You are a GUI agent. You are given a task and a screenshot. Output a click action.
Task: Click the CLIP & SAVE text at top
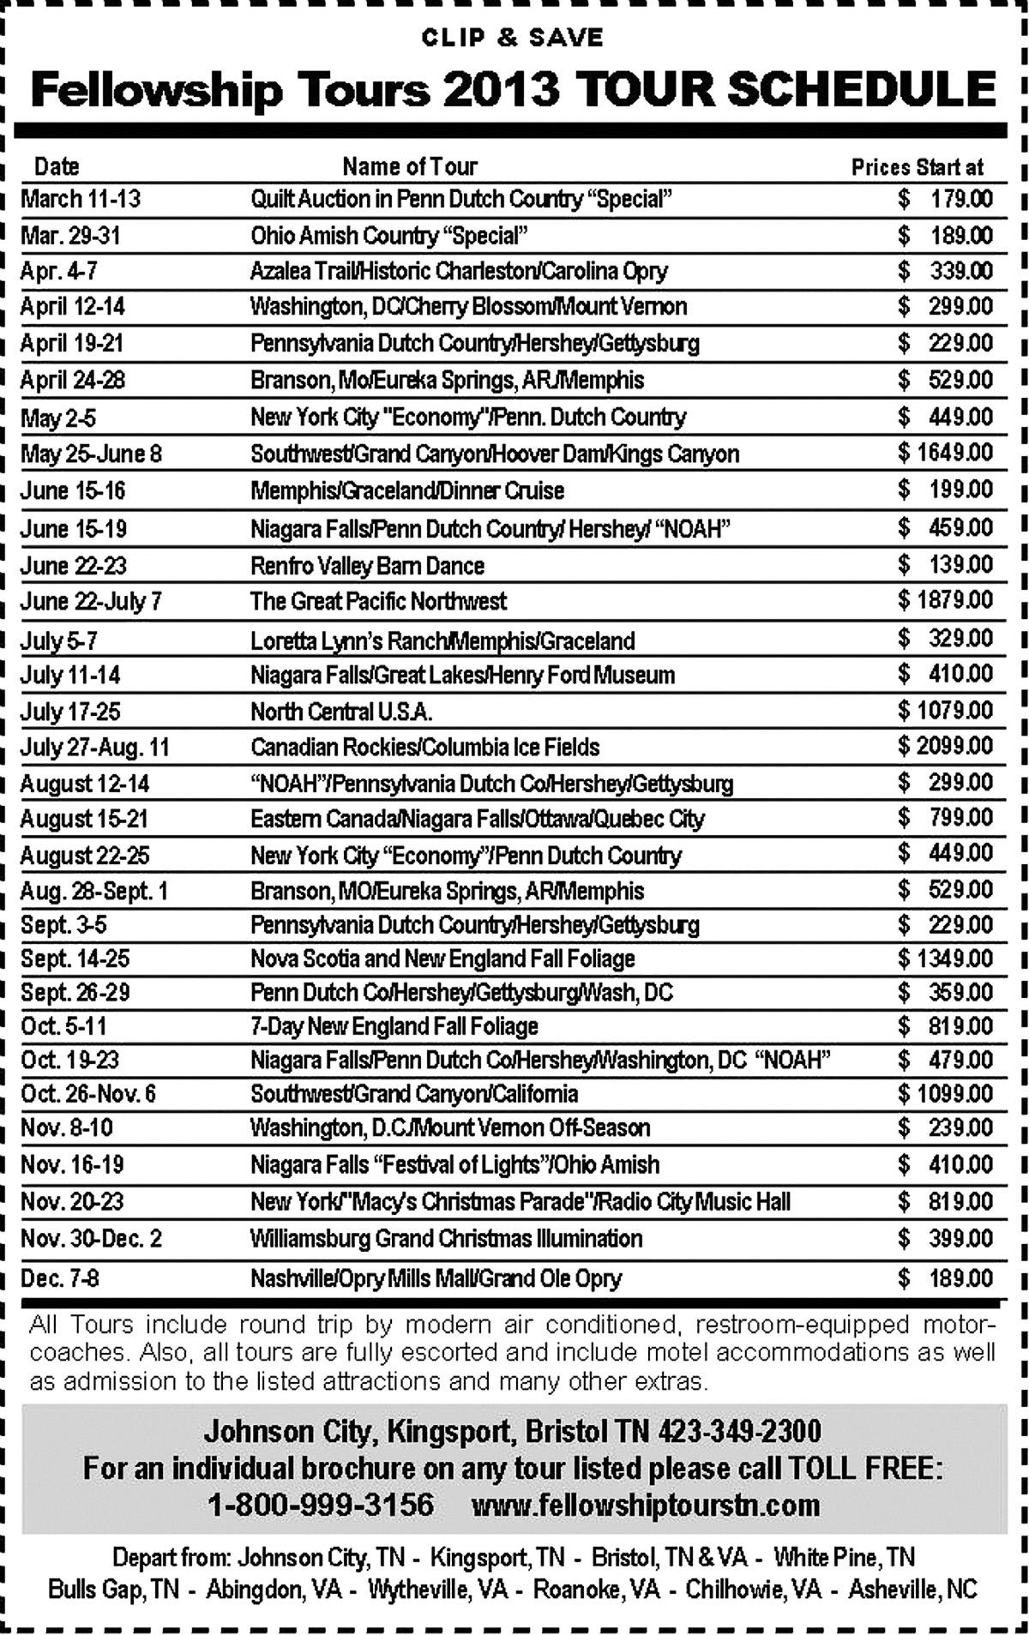click(x=513, y=38)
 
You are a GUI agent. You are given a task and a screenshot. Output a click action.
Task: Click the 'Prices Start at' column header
click(x=917, y=167)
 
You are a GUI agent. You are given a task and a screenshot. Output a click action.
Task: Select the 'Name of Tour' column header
click(x=409, y=166)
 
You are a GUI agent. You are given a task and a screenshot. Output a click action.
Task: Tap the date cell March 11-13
click(x=81, y=200)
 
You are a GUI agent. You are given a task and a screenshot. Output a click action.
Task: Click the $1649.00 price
click(x=945, y=453)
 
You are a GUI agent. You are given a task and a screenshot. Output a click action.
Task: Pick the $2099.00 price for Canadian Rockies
click(x=945, y=746)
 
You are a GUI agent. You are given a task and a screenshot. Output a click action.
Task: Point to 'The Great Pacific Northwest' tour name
click(x=378, y=601)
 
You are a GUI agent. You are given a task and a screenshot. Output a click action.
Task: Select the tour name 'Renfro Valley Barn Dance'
click(x=367, y=566)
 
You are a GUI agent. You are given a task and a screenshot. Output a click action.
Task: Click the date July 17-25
click(x=70, y=712)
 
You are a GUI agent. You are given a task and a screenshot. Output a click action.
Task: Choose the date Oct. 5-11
click(x=64, y=1026)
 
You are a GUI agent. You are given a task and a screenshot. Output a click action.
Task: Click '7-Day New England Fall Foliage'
click(x=394, y=1026)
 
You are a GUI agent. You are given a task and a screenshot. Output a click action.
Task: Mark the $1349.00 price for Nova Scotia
click(x=945, y=959)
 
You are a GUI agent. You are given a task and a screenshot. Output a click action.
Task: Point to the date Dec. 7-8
click(x=60, y=1278)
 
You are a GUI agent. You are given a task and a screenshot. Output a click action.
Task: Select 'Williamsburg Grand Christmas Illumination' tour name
click(x=446, y=1239)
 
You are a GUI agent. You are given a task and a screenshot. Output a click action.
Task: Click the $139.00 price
click(x=945, y=565)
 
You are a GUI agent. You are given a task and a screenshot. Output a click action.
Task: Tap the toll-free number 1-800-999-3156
click(x=322, y=1505)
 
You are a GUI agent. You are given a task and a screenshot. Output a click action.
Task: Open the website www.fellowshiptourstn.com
click(x=646, y=1505)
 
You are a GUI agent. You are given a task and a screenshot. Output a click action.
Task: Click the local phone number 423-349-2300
click(x=739, y=1432)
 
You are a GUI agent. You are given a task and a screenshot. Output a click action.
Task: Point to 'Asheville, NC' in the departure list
click(x=912, y=1589)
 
